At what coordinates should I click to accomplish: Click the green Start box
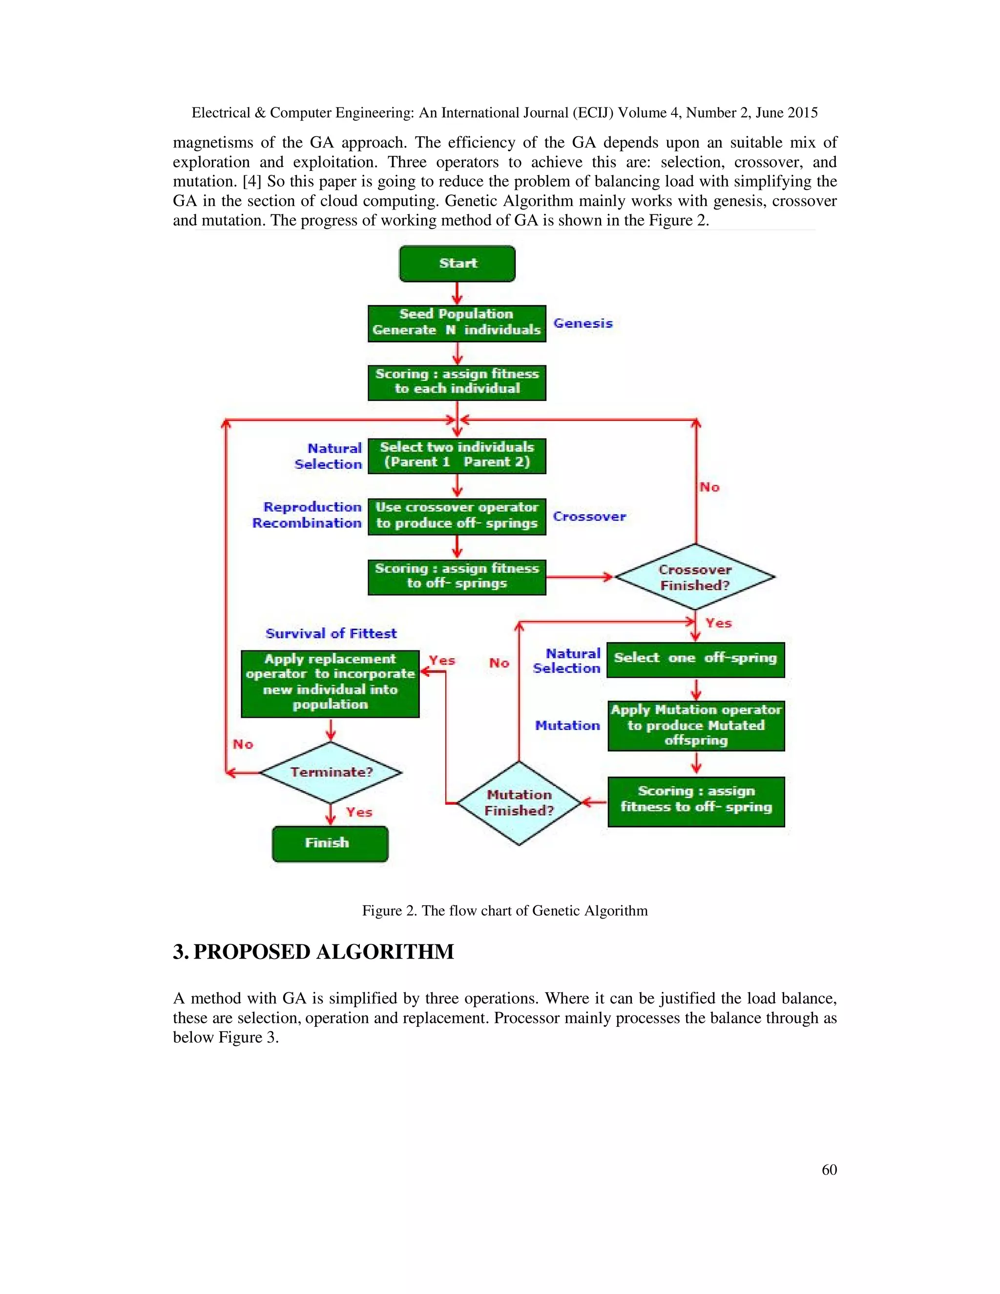(x=457, y=264)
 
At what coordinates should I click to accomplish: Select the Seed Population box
(x=456, y=323)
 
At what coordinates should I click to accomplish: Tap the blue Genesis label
(x=583, y=323)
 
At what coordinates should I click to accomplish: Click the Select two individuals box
(x=456, y=455)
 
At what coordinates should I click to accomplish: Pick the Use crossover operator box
(x=456, y=516)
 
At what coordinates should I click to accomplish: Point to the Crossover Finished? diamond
(x=695, y=577)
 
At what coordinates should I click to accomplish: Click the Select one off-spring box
(x=695, y=659)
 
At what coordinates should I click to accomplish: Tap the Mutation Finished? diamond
(x=519, y=803)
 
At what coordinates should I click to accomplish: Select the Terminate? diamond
(x=331, y=772)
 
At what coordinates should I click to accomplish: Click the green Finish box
(x=330, y=843)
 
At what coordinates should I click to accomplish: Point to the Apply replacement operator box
(x=330, y=683)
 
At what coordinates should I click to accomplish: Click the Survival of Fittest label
(x=331, y=633)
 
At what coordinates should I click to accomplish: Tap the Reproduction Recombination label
(x=307, y=515)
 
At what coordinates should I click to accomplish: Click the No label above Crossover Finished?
(x=709, y=487)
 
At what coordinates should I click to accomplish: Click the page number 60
(x=829, y=1169)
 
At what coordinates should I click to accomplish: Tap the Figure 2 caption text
(x=505, y=911)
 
